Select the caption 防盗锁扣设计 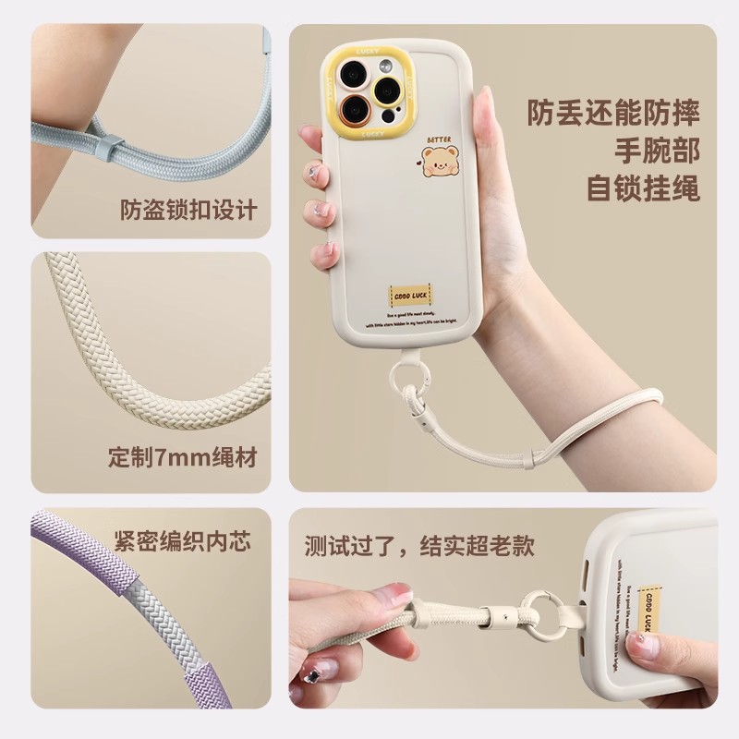coord(188,210)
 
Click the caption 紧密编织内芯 coord(182,540)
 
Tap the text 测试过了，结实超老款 coord(419,545)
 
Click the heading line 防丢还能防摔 coord(613,113)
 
